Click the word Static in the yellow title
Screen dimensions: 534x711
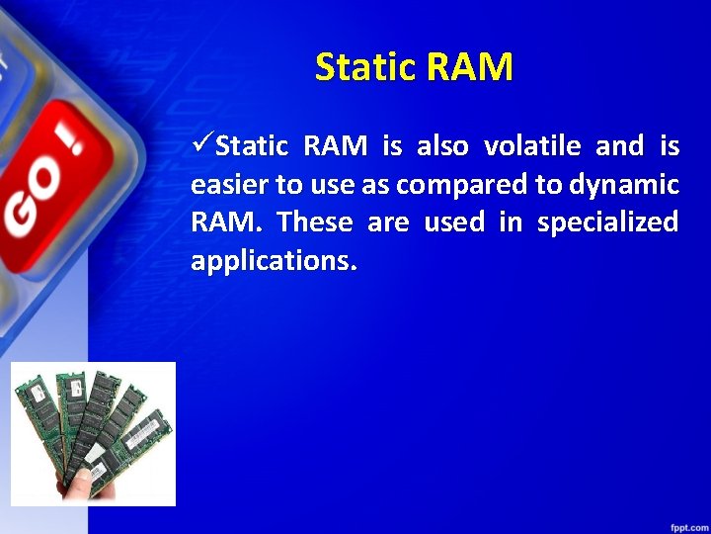[x=366, y=67]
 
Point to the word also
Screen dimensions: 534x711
[x=443, y=146]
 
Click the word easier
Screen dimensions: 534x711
[x=225, y=185]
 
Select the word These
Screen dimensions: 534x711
[x=315, y=222]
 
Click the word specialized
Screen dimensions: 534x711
[x=607, y=222]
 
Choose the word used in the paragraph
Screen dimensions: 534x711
[x=453, y=222]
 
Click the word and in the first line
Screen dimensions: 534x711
[x=619, y=146]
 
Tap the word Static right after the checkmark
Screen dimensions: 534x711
[x=252, y=146]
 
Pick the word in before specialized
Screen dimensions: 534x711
[x=510, y=222]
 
